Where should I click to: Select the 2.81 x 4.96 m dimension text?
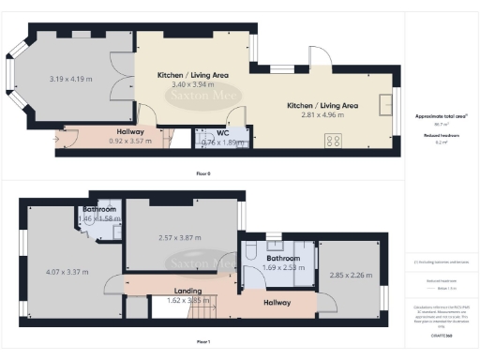[x=324, y=117]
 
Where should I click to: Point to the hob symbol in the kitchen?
[x=332, y=142]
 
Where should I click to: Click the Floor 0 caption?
[x=202, y=173]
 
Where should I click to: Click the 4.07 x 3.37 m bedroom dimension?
[x=67, y=271]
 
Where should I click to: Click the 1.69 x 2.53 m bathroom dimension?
[x=283, y=267]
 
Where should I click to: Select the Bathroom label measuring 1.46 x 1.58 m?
[x=99, y=210]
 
